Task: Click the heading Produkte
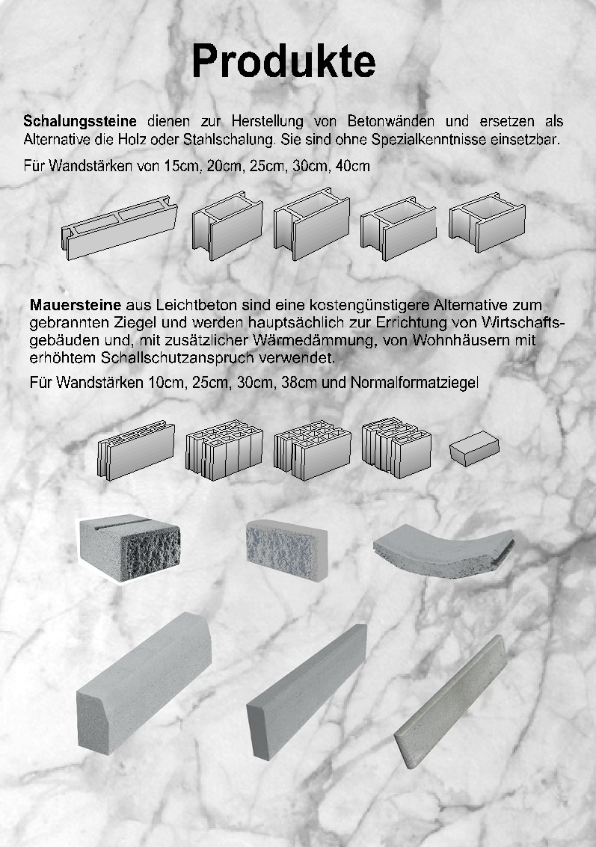pyautogui.click(x=283, y=62)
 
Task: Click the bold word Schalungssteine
pyautogui.click(x=80, y=121)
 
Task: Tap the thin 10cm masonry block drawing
pyautogui.click(x=136, y=451)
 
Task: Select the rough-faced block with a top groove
pyautogui.click(x=131, y=546)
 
